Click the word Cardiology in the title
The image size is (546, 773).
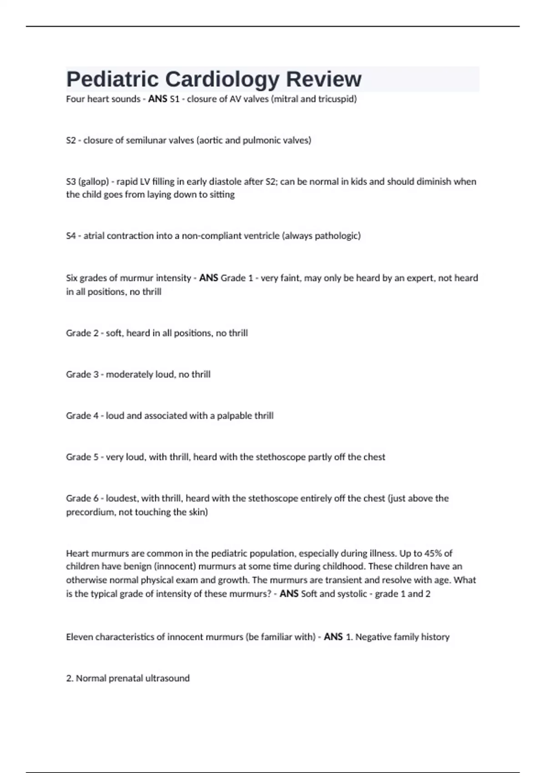tap(222, 80)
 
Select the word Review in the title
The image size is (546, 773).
tap(324, 80)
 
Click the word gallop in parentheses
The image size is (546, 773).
tap(93, 182)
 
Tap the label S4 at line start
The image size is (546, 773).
tap(71, 236)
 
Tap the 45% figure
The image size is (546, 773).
tap(433, 553)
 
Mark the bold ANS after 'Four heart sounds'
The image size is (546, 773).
tap(157, 99)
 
